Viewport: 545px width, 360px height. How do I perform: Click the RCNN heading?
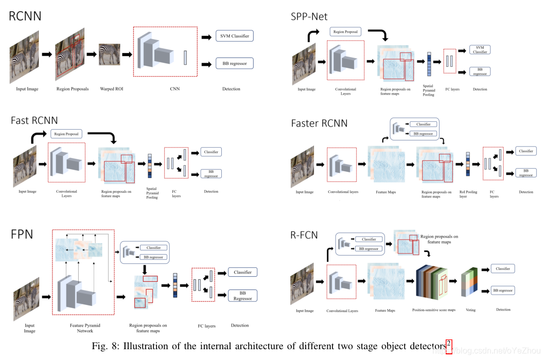25,15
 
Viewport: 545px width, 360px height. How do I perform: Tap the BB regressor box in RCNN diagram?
235,64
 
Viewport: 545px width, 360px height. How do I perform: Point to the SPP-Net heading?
309,16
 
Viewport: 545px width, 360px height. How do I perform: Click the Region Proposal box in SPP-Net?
346,32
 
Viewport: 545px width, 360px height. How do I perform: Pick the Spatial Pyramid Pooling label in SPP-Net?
429,91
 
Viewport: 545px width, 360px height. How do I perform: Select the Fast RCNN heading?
35,120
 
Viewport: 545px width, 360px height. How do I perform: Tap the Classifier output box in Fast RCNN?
211,152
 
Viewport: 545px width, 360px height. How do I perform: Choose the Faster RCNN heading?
319,123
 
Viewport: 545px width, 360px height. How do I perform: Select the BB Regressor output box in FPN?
242,296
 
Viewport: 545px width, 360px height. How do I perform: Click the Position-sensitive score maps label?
434,310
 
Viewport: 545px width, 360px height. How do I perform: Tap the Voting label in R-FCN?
470,310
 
